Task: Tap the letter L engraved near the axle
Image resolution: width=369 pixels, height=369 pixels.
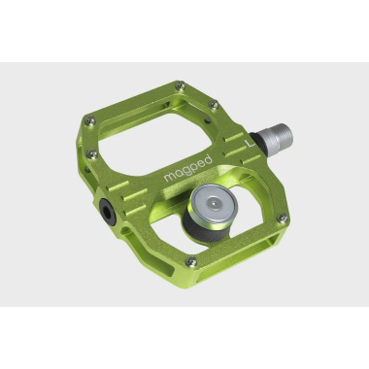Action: tap(251, 145)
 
